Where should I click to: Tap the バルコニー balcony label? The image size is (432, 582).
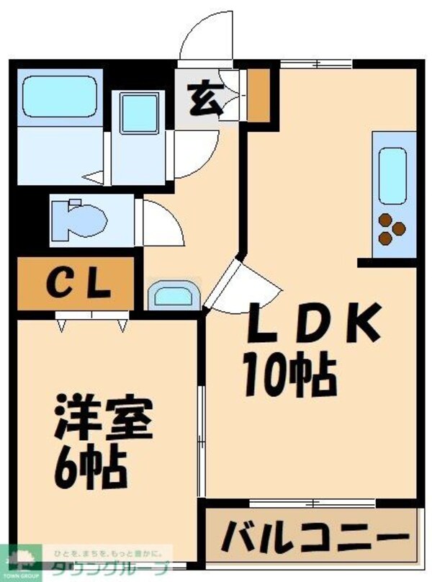(x=312, y=537)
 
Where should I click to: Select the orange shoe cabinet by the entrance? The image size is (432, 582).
(x=258, y=94)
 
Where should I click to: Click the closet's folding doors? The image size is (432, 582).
(x=91, y=319)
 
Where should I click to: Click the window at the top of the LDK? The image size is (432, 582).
(x=317, y=63)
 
